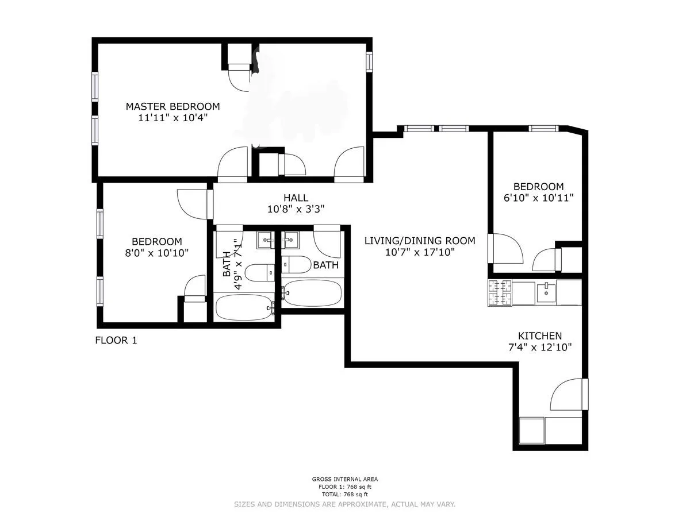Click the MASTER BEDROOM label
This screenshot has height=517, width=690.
172,106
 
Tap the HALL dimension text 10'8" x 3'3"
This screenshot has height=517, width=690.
296,210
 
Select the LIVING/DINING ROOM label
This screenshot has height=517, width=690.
420,241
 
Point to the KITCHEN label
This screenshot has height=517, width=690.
540,336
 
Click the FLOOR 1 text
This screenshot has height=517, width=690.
116,340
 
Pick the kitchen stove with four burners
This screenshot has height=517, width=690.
500,292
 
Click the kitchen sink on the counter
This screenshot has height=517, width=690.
545,292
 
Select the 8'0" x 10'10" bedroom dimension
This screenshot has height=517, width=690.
156,253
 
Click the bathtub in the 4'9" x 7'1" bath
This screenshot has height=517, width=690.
244,307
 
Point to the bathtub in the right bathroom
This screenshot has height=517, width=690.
312,292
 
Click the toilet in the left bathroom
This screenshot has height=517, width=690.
259,272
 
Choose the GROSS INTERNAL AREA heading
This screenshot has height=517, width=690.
344,479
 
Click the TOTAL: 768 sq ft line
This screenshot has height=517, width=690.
344,494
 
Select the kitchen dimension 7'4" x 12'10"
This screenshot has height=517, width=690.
540,348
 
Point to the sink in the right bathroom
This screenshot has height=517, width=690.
290,240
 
